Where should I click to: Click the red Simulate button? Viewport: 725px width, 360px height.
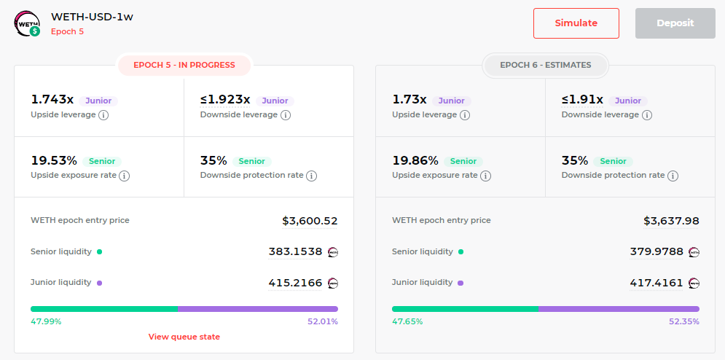576,23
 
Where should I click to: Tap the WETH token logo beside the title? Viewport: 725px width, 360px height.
27,24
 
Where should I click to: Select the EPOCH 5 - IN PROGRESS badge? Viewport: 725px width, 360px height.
184,66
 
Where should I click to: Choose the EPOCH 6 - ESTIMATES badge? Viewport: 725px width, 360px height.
546,66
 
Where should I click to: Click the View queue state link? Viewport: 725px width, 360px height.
184,337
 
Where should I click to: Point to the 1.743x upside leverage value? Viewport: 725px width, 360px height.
52,100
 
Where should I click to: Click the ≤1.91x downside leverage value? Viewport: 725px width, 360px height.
582,100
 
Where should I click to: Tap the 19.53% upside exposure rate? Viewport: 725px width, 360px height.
54,160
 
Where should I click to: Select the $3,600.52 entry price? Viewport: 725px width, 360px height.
310,222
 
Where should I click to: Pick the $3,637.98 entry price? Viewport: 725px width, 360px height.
671,222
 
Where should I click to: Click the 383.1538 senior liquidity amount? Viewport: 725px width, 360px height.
295,251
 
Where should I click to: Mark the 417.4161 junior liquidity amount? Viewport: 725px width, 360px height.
657,282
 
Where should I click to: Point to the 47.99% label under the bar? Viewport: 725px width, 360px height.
46,321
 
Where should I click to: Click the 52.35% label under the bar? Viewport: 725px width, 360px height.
684,321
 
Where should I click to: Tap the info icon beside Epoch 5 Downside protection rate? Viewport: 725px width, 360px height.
312,176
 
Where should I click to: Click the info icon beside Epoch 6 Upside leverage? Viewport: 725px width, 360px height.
465,115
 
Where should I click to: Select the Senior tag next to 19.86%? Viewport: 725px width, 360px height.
463,161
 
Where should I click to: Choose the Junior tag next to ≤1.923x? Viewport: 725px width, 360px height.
275,101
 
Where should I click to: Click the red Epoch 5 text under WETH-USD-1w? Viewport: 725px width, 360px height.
68,31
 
